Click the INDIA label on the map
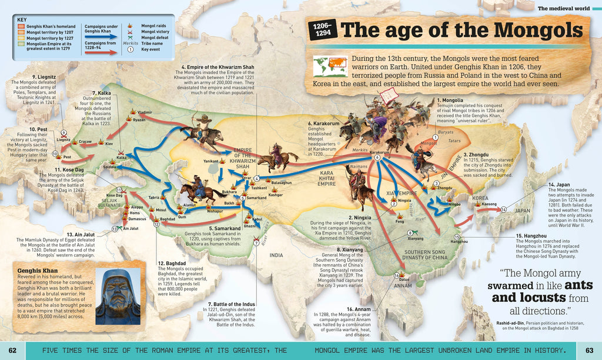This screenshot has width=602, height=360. click(x=276, y=255)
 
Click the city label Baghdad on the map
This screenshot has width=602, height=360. click(x=168, y=219)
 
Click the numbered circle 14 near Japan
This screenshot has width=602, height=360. click(x=503, y=209)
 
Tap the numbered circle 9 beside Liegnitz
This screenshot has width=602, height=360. click(x=63, y=133)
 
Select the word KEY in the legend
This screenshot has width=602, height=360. click(x=22, y=19)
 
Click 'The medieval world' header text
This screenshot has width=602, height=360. click(x=566, y=8)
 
